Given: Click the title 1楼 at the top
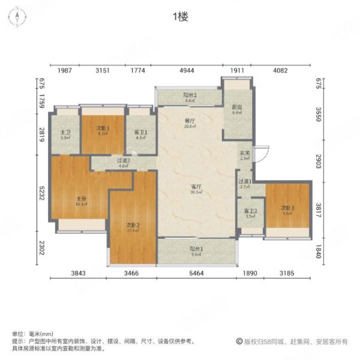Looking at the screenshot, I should click(x=180, y=17).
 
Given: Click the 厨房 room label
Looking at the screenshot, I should click(x=236, y=109).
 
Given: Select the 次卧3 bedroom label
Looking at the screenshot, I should click(x=288, y=208).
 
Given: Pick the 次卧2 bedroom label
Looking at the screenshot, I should click(x=133, y=226).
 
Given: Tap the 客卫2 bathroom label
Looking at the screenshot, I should click(x=250, y=211).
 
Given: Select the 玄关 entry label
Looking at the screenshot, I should click(x=245, y=155).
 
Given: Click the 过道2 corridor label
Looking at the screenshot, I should click(x=124, y=161).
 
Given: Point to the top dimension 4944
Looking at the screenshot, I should click(x=188, y=71).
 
